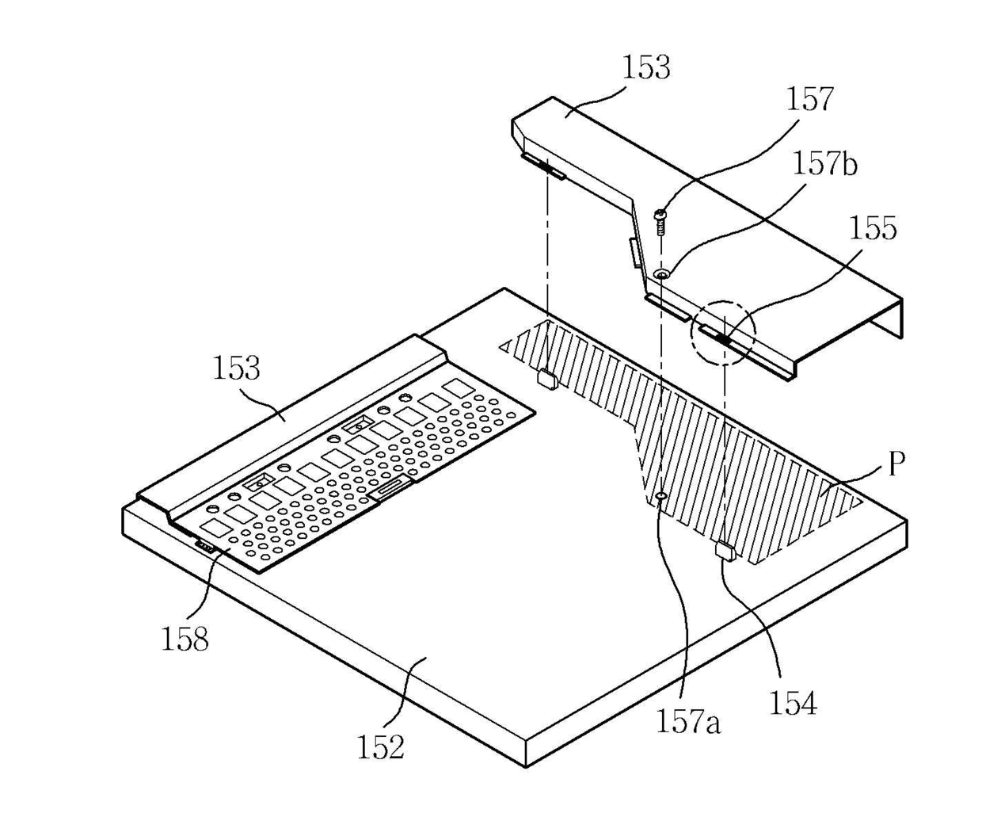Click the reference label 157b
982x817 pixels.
(825, 164)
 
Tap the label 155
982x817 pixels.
(873, 228)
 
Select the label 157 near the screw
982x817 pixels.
(809, 100)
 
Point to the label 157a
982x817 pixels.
(687, 722)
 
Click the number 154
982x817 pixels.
(792, 702)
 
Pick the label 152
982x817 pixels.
(381, 746)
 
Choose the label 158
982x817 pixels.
(185, 639)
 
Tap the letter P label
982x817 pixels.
(896, 464)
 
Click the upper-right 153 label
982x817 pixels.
(645, 68)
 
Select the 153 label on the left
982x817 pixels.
(236, 368)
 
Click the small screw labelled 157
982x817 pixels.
(660, 217)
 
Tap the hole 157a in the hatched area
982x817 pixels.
(660, 497)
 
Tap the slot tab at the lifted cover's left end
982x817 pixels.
(543, 166)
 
